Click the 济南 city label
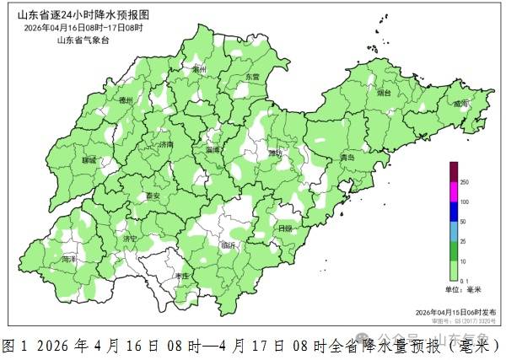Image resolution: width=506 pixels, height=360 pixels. pyautogui.click(x=165, y=144)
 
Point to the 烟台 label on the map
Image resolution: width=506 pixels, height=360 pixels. pyautogui.click(x=384, y=93)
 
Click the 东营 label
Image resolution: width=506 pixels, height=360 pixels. pyautogui.click(x=253, y=77)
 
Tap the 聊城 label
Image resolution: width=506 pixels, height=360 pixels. pyautogui.click(x=89, y=159)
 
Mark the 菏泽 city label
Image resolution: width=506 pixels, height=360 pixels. pyautogui.click(x=69, y=260)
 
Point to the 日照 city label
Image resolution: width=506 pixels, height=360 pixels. pyautogui.click(x=285, y=228)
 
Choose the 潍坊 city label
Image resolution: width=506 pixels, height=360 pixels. pyautogui.click(x=275, y=153)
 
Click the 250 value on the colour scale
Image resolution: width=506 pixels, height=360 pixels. pyautogui.click(x=464, y=182)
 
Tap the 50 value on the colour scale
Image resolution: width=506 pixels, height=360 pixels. pyautogui.click(x=463, y=221)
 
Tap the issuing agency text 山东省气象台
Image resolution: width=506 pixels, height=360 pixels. pyautogui.click(x=83, y=39)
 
